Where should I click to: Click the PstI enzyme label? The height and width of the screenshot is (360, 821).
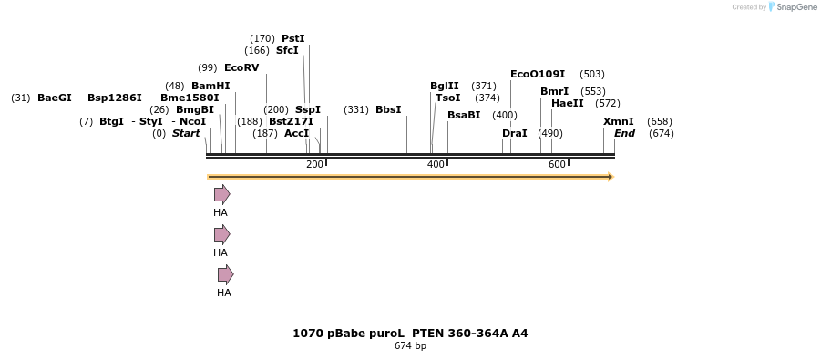(292, 38)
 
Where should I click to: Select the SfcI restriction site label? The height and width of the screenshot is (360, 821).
(287, 50)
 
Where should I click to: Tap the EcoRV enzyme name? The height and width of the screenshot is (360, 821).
(241, 67)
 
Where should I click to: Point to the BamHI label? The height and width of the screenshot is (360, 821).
(210, 86)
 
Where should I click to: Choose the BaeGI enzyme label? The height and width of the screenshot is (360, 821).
(55, 98)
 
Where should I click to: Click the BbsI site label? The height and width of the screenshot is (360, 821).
(388, 109)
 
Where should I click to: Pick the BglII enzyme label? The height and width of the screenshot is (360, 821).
(445, 86)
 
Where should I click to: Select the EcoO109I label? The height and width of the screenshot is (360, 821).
(538, 74)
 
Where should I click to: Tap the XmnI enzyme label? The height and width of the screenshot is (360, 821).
(619, 121)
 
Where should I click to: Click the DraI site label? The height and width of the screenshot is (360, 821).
(515, 133)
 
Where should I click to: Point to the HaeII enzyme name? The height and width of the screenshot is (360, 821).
(568, 103)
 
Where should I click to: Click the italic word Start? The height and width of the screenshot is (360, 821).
(186, 133)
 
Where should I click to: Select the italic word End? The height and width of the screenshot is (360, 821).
(624, 133)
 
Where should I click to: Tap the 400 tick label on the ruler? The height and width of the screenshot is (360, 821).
(436, 164)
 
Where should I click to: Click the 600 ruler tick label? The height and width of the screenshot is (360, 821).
(557, 164)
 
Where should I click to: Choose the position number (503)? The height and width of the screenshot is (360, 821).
(592, 74)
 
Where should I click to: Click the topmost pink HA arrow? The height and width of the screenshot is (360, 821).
(221, 194)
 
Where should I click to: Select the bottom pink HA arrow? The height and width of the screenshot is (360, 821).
(225, 274)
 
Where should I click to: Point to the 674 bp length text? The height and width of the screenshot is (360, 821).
(410, 346)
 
